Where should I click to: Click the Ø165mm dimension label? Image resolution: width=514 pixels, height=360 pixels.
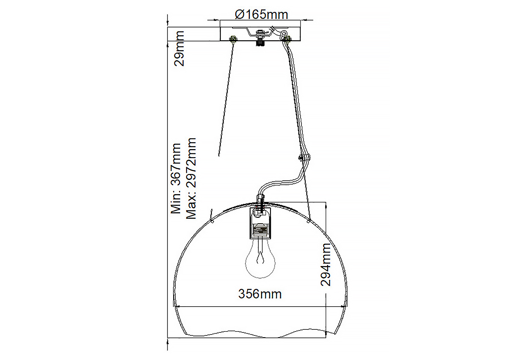click(261, 14)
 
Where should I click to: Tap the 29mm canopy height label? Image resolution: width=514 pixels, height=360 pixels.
click(179, 48)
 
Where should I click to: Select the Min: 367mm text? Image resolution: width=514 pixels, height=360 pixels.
click(176, 178)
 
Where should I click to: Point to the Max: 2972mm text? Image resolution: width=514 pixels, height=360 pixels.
click(191, 178)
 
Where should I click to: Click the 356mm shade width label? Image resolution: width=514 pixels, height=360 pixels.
click(260, 294)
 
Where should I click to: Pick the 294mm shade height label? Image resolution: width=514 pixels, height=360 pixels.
click(326, 265)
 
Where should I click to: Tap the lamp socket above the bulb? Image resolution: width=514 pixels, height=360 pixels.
click(260, 223)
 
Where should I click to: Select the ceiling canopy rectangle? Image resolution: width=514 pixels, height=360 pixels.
click(260, 34)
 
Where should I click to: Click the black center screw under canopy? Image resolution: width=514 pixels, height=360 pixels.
click(260, 43)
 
